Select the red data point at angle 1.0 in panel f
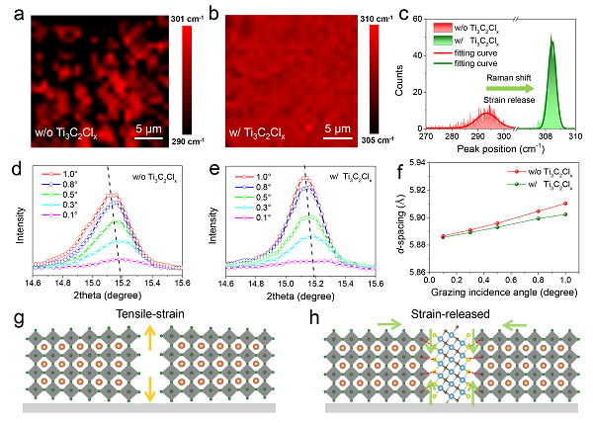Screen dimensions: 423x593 [x=564, y=203]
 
